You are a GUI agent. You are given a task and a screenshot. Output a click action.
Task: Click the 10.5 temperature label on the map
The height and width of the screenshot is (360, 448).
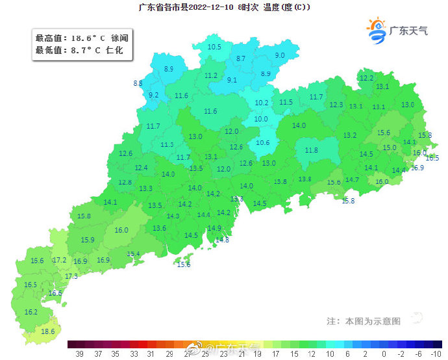pos(214,47)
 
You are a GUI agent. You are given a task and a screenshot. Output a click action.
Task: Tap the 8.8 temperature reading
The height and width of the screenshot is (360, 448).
pos(138,83)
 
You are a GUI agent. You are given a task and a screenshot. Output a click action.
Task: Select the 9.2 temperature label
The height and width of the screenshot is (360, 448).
pos(154,95)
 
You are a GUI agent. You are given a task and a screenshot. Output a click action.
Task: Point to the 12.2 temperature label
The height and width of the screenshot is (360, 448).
pos(366,78)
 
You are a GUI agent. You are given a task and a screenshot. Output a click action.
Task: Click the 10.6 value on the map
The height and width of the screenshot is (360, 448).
pos(263,143)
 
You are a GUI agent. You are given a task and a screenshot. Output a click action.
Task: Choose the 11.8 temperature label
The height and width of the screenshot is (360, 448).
pos(312,150)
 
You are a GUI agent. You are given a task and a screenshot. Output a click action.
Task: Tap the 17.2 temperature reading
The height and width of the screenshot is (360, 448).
pos(60,260)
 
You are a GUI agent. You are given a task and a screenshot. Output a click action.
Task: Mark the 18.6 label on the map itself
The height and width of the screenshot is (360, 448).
pos(47,331)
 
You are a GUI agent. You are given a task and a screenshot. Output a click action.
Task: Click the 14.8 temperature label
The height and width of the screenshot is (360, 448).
pos(222,240)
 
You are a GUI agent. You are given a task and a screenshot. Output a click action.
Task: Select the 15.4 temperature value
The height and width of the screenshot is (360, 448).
pos(133,254)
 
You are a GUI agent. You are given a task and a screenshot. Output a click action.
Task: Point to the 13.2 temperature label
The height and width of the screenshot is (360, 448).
pos(350,135)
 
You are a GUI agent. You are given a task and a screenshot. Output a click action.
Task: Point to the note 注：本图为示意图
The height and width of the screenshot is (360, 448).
pos(364,321)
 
